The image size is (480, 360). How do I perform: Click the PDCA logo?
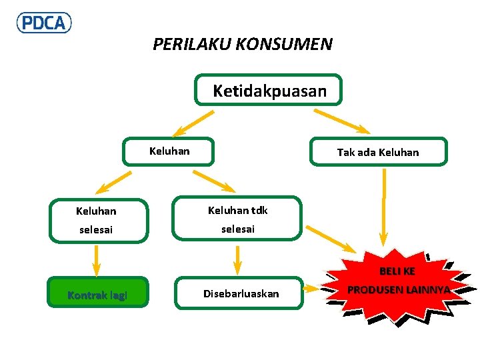44,23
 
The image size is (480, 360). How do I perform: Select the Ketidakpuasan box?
269,90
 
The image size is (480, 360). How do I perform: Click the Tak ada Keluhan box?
378,152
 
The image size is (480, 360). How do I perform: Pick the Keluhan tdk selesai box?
237,219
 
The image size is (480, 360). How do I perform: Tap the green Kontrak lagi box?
97,293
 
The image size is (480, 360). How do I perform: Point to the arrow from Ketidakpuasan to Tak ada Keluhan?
341,121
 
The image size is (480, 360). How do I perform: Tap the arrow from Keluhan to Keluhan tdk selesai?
213,181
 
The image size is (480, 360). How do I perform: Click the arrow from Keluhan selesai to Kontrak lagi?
97,260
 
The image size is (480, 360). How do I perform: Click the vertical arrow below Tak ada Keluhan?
383,207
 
